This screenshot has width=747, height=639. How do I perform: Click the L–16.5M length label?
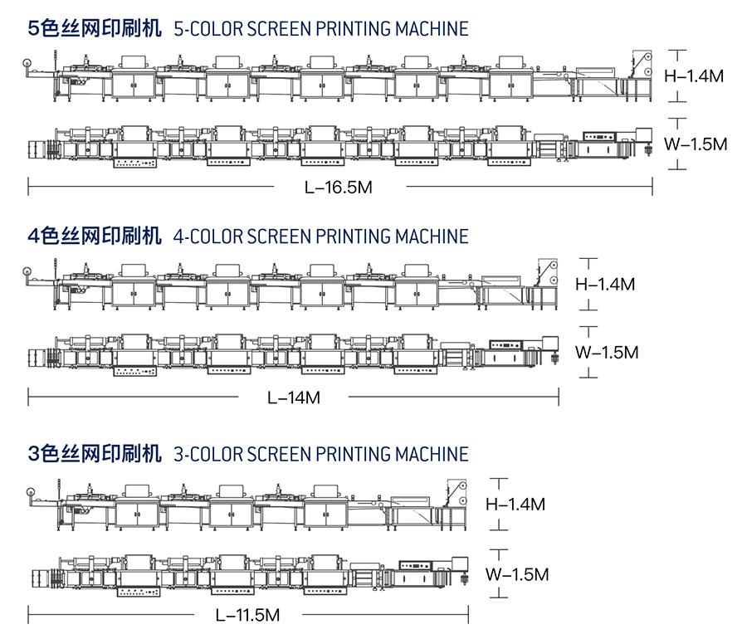339,187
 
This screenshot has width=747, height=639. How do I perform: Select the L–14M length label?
294,398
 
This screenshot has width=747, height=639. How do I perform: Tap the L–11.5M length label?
247,615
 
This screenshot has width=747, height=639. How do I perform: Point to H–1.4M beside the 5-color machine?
694,76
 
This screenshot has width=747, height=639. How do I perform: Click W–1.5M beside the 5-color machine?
696,144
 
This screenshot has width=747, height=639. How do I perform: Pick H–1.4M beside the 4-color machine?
605,285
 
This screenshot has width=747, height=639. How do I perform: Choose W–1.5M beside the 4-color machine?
607,353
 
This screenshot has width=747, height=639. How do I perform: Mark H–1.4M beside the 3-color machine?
515,505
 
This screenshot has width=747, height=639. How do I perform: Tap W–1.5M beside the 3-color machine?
517,574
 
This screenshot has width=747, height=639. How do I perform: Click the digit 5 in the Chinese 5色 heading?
33,28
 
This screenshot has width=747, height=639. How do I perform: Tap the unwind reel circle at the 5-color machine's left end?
27,63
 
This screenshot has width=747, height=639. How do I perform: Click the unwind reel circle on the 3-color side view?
32,492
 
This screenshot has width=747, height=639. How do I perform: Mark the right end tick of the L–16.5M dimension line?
652,187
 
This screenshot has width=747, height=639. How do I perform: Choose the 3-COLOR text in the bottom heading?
203,454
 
